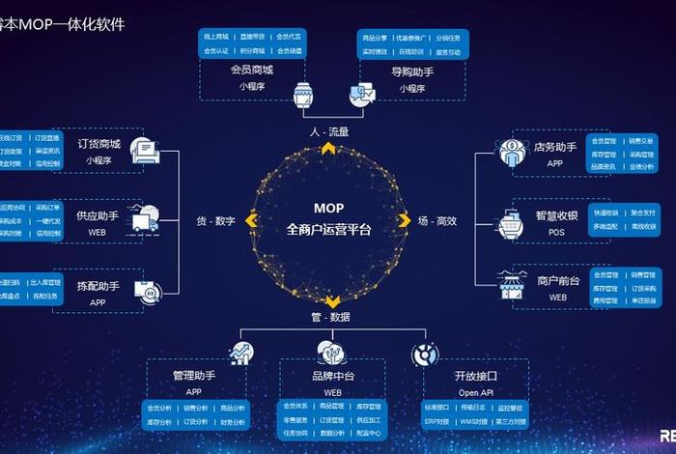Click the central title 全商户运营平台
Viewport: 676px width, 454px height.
coord(328,229)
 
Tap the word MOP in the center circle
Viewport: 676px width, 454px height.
coord(328,208)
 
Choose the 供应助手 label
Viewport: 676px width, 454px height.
coord(98,216)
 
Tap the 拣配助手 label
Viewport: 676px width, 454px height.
coord(98,286)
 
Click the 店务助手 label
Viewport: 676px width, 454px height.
coord(555,148)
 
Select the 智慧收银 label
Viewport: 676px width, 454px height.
coord(556,215)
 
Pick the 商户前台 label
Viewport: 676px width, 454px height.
coord(558,280)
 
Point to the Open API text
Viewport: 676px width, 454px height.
coord(475,393)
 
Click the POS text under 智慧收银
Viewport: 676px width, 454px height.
coord(556,232)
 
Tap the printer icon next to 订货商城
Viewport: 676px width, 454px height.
coord(143,150)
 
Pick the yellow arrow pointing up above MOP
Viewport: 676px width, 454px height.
coord(328,148)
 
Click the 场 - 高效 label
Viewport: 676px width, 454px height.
coord(437,221)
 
